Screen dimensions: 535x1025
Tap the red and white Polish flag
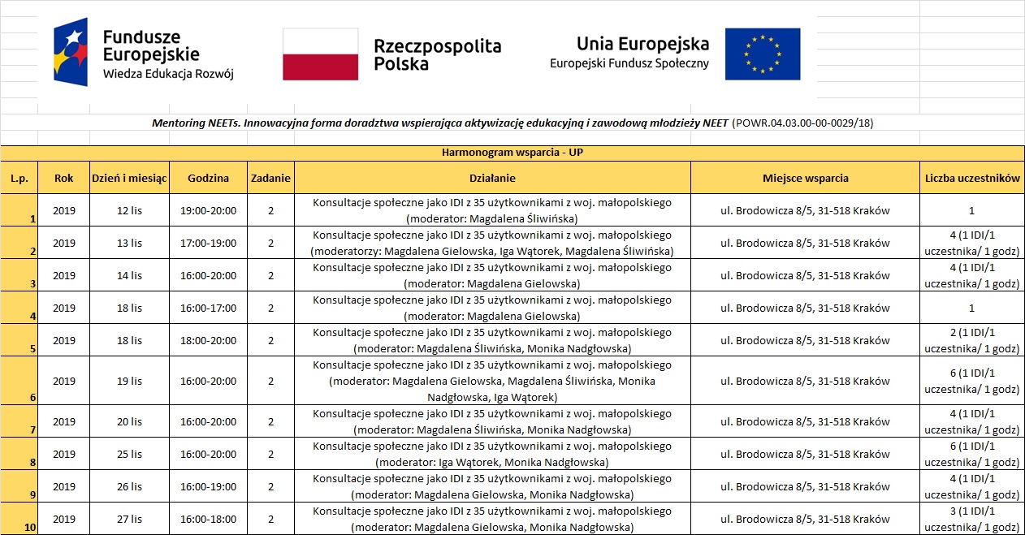320,54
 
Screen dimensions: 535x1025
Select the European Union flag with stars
762,54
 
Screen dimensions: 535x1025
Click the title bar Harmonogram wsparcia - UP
512,153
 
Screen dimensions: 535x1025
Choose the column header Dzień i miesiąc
129,178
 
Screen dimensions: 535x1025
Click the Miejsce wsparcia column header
805,178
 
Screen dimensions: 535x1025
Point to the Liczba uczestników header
971,178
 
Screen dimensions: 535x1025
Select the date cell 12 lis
129,210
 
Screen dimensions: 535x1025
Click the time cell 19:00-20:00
208,210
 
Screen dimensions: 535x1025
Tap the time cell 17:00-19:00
208,243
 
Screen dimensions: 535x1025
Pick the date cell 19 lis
129,381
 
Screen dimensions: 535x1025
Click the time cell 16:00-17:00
208,308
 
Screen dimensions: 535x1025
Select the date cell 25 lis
129,454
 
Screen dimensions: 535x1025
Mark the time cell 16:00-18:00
208,519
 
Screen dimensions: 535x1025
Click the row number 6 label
32,398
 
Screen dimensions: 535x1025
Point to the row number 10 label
29,528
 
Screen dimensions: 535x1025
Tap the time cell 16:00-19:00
208,486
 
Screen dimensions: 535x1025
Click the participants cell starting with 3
971,519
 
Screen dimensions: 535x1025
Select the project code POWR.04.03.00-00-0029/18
802,123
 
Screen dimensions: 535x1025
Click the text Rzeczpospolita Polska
437,54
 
